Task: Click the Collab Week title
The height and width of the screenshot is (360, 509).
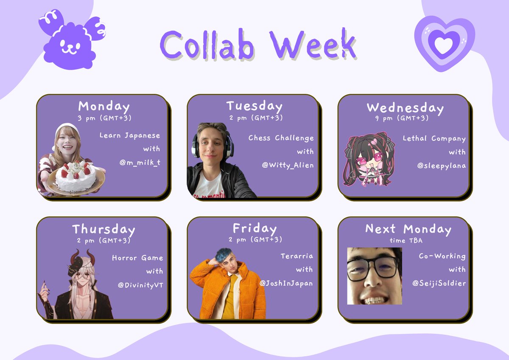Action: point(258,45)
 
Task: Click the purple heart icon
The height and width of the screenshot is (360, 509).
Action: point(444,44)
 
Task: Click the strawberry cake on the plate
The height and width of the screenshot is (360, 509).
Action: point(76,176)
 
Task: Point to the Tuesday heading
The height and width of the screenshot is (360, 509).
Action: point(254,106)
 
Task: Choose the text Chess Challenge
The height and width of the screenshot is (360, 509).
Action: point(281,138)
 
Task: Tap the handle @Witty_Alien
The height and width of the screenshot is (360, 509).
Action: point(288,165)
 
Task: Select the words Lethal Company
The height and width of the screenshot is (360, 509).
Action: point(434,138)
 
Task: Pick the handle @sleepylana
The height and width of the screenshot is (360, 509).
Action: point(441,166)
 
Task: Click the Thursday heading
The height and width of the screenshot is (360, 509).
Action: point(103,230)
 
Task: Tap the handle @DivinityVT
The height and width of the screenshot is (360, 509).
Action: point(140,284)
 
